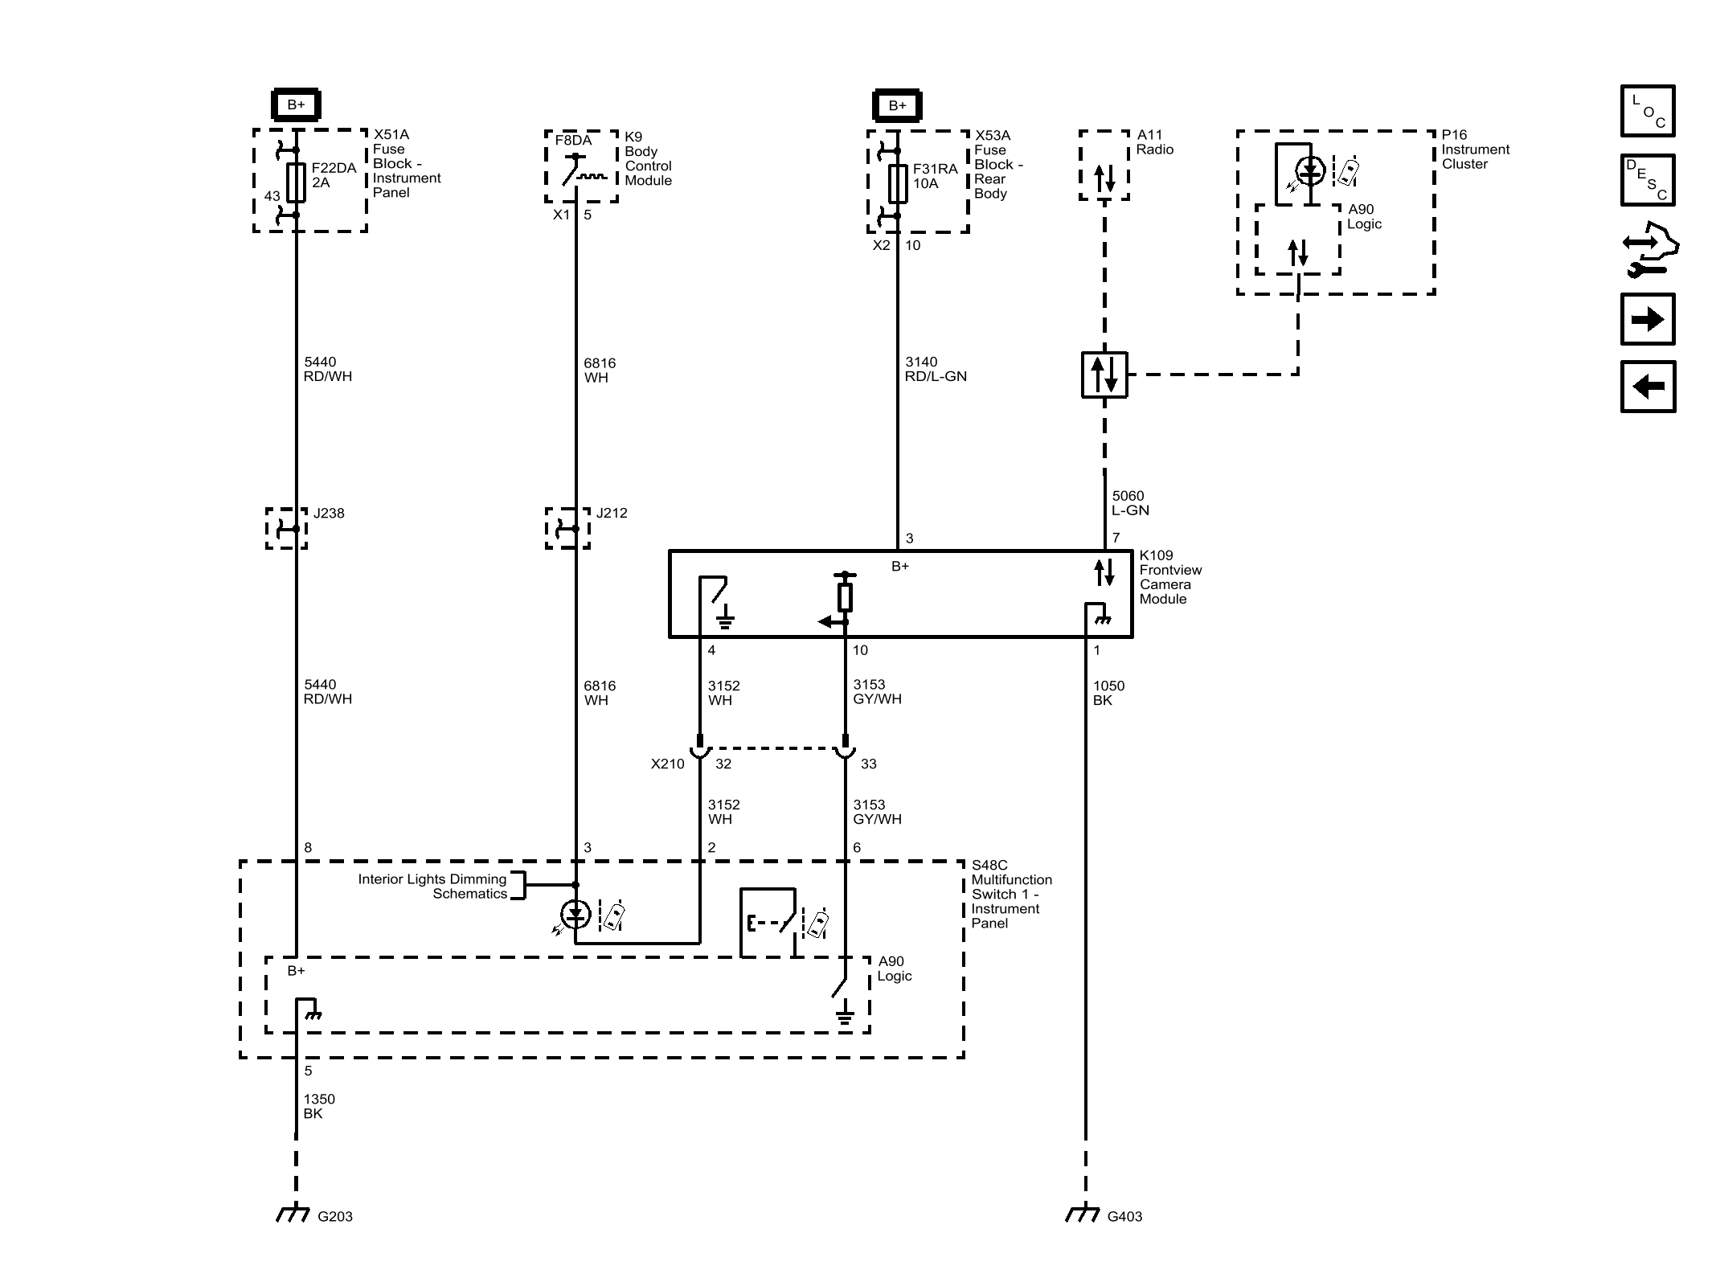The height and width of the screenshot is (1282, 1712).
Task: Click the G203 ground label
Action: click(334, 1216)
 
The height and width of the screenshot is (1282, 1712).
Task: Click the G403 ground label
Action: click(1124, 1216)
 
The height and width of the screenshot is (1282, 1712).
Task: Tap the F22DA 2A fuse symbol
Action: click(296, 182)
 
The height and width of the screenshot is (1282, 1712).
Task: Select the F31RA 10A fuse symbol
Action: click(897, 183)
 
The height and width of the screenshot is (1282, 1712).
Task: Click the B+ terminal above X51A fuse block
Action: click(296, 104)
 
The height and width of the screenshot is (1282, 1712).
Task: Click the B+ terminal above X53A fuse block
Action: click(897, 105)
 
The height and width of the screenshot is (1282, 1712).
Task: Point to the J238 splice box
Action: click(286, 528)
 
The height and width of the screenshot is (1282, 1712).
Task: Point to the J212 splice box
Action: click(567, 528)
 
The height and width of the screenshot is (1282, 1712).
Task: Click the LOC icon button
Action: click(1647, 111)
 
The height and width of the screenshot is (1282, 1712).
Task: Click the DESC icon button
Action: click(1647, 180)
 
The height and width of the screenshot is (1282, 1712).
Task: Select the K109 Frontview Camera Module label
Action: click(1169, 577)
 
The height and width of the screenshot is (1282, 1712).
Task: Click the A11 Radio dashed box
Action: click(1104, 166)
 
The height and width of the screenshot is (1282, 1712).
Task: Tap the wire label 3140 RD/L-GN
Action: click(935, 369)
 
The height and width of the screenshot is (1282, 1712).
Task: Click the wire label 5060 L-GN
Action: click(1129, 503)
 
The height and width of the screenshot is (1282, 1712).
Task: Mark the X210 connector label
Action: click(667, 764)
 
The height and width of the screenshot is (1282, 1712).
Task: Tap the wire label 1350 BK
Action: click(318, 1106)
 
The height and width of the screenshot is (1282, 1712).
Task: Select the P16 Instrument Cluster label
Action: click(1475, 149)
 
